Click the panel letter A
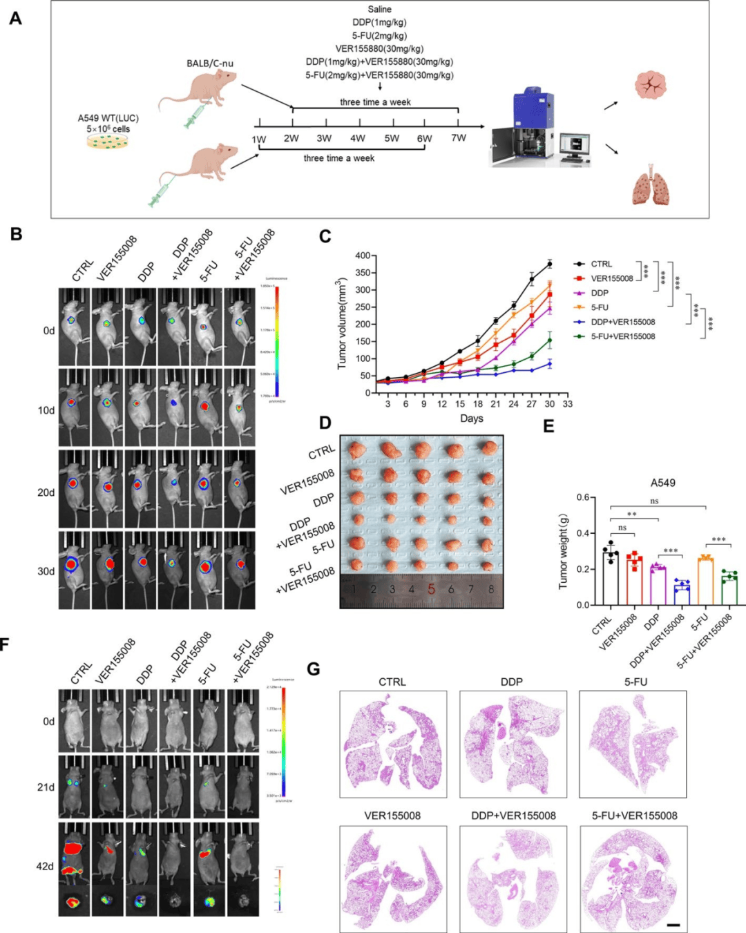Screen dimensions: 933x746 click(x=15, y=18)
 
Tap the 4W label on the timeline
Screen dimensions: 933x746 click(x=357, y=138)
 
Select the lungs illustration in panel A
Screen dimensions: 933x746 click(x=651, y=184)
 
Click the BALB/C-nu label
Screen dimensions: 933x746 click(x=210, y=64)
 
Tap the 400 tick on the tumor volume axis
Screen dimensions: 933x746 click(x=363, y=256)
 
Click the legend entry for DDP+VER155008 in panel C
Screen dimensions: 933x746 click(x=622, y=322)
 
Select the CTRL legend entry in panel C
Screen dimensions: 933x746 click(x=601, y=264)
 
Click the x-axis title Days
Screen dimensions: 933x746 click(x=472, y=419)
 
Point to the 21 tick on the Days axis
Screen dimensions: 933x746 click(x=495, y=404)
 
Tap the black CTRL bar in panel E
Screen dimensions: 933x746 click(x=611, y=577)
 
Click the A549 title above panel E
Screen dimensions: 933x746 click(x=662, y=483)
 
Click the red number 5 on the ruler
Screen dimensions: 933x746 click(x=431, y=589)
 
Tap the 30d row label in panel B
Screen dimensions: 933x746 click(x=46, y=571)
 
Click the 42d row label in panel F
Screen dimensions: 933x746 click(x=45, y=866)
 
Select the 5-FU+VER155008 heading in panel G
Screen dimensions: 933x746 click(x=634, y=816)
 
